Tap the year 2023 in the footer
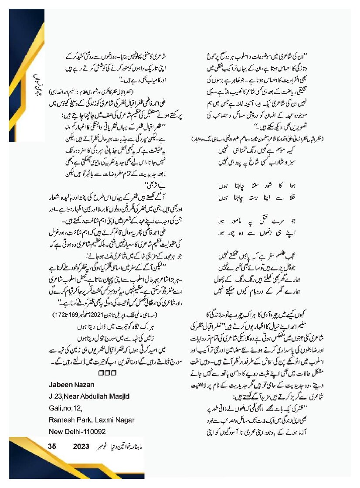point(81,447)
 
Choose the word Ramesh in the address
point(64,420)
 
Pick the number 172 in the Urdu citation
point(57,314)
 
